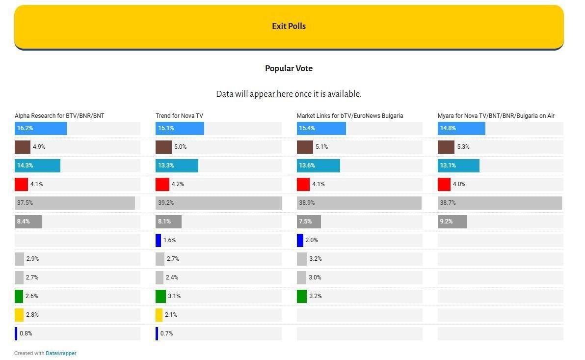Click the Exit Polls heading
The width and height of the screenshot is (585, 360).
coord(289,26)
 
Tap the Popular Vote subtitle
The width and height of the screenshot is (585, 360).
coord(289,68)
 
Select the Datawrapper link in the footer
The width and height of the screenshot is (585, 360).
coord(61,353)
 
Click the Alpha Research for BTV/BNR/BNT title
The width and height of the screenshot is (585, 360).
coord(59,116)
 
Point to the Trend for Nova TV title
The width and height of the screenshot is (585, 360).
coord(179,116)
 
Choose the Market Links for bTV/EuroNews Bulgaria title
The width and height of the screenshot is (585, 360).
coord(349,116)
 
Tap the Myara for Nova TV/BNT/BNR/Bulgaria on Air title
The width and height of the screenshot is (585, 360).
coord(496,116)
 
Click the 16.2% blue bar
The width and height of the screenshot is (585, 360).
coord(41,128)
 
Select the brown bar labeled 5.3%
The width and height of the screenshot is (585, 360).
coord(446,147)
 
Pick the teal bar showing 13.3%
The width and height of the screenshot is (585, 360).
coord(177,166)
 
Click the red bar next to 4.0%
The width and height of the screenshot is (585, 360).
coord(444,184)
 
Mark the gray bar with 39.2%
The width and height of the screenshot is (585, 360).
coord(218,203)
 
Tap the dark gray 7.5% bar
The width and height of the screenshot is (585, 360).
coord(309,222)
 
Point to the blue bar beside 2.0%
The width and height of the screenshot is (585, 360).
coord(300,240)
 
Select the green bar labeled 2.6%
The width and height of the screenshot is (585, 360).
coord(19,296)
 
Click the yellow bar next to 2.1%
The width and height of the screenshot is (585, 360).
coord(159,315)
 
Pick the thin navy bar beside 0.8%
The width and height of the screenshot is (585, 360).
coord(16,333)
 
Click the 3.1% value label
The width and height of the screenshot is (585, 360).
coord(174,296)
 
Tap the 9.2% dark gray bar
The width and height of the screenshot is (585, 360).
coord(452,222)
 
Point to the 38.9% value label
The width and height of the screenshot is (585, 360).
coord(307,203)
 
